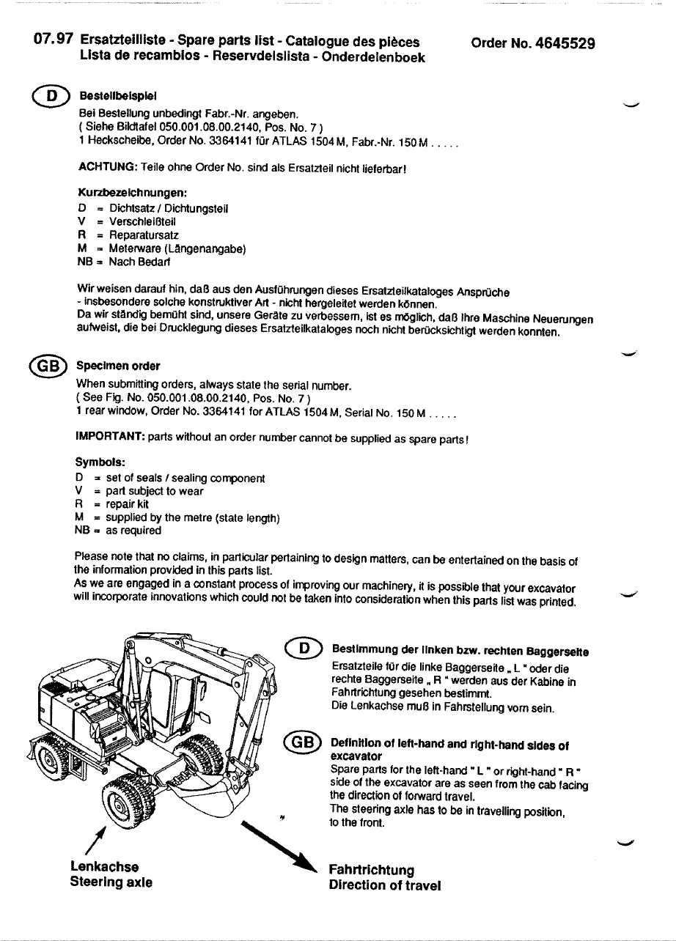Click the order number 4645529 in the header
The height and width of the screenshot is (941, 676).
coord(567,43)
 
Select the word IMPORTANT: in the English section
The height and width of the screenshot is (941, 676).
coord(111,438)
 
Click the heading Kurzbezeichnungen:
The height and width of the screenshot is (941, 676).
coord(132,193)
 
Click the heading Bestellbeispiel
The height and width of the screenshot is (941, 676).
coord(118,97)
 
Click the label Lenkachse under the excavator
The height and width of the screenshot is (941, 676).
coord(104,867)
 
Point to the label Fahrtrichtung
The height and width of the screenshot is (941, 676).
coord(371,870)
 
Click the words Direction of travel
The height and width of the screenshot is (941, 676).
coord(385,885)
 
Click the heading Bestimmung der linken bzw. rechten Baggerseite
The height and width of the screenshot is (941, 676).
coord(461,650)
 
